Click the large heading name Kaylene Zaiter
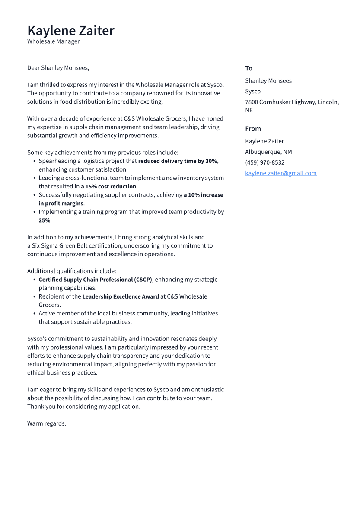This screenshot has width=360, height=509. tap(70, 31)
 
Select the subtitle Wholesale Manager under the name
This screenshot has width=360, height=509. tap(53, 41)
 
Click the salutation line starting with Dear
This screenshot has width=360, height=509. tap(58, 68)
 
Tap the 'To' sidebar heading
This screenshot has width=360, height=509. tap(248, 68)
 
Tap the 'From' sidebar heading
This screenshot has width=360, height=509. tap(253, 129)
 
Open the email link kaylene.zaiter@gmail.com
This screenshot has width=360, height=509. tap(280, 173)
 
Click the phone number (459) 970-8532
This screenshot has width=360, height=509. tap(264, 162)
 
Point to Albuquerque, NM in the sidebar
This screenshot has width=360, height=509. tap(268, 152)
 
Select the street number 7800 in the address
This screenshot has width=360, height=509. tap(251, 102)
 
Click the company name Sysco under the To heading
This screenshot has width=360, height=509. tap(253, 91)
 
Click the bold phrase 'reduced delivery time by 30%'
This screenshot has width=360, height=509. tap(178, 161)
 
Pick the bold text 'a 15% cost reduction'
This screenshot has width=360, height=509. tap(108, 187)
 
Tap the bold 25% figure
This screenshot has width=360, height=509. tap(44, 220)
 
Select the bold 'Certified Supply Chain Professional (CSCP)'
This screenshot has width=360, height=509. tap(95, 280)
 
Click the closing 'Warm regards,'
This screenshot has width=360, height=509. tap(47, 423)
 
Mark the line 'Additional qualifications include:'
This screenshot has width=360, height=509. tap(71, 271)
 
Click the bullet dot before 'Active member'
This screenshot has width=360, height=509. tap(34, 314)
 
